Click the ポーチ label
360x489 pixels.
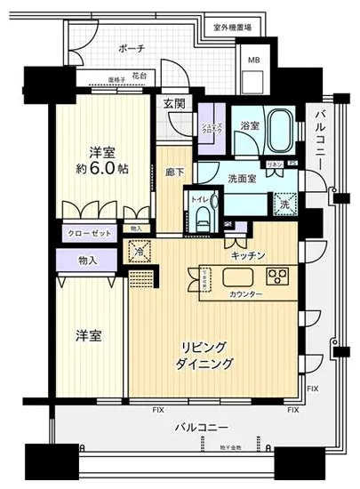131,47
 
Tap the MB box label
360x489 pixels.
254,60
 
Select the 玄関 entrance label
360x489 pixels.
174,104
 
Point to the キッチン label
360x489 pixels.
246,255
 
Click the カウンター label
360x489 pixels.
244,293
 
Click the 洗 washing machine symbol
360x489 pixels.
284,202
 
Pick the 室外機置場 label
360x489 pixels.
233,28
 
